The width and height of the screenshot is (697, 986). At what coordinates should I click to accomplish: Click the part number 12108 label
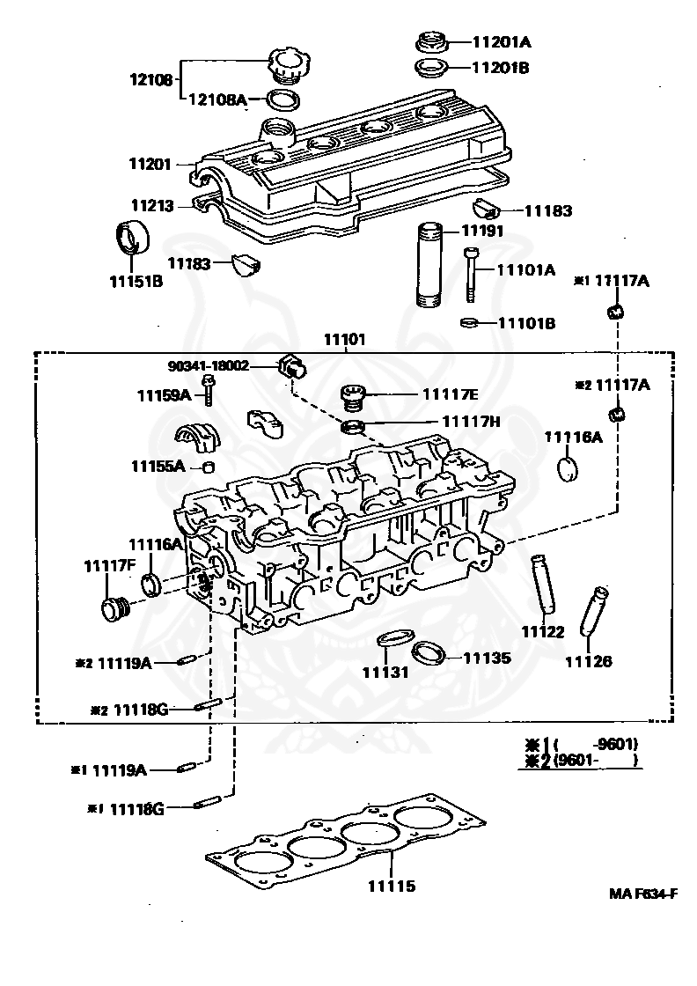[150, 80]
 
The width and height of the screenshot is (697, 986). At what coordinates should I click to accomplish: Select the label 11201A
[501, 42]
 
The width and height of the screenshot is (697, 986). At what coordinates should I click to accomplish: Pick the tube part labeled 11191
[430, 265]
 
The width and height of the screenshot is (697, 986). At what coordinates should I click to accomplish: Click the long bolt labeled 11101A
[472, 276]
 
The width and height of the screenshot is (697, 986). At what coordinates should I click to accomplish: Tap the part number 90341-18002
[208, 366]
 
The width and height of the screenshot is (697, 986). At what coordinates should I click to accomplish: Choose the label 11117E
[450, 394]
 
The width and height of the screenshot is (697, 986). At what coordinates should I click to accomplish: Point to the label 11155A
[158, 466]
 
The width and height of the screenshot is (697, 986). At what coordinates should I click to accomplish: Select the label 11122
[543, 631]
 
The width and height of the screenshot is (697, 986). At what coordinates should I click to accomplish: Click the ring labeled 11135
[429, 652]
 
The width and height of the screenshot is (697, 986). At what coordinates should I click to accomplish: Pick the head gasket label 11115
[392, 886]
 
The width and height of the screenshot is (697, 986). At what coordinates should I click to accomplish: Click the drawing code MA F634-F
[643, 894]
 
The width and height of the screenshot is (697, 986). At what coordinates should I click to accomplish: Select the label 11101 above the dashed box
[344, 340]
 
